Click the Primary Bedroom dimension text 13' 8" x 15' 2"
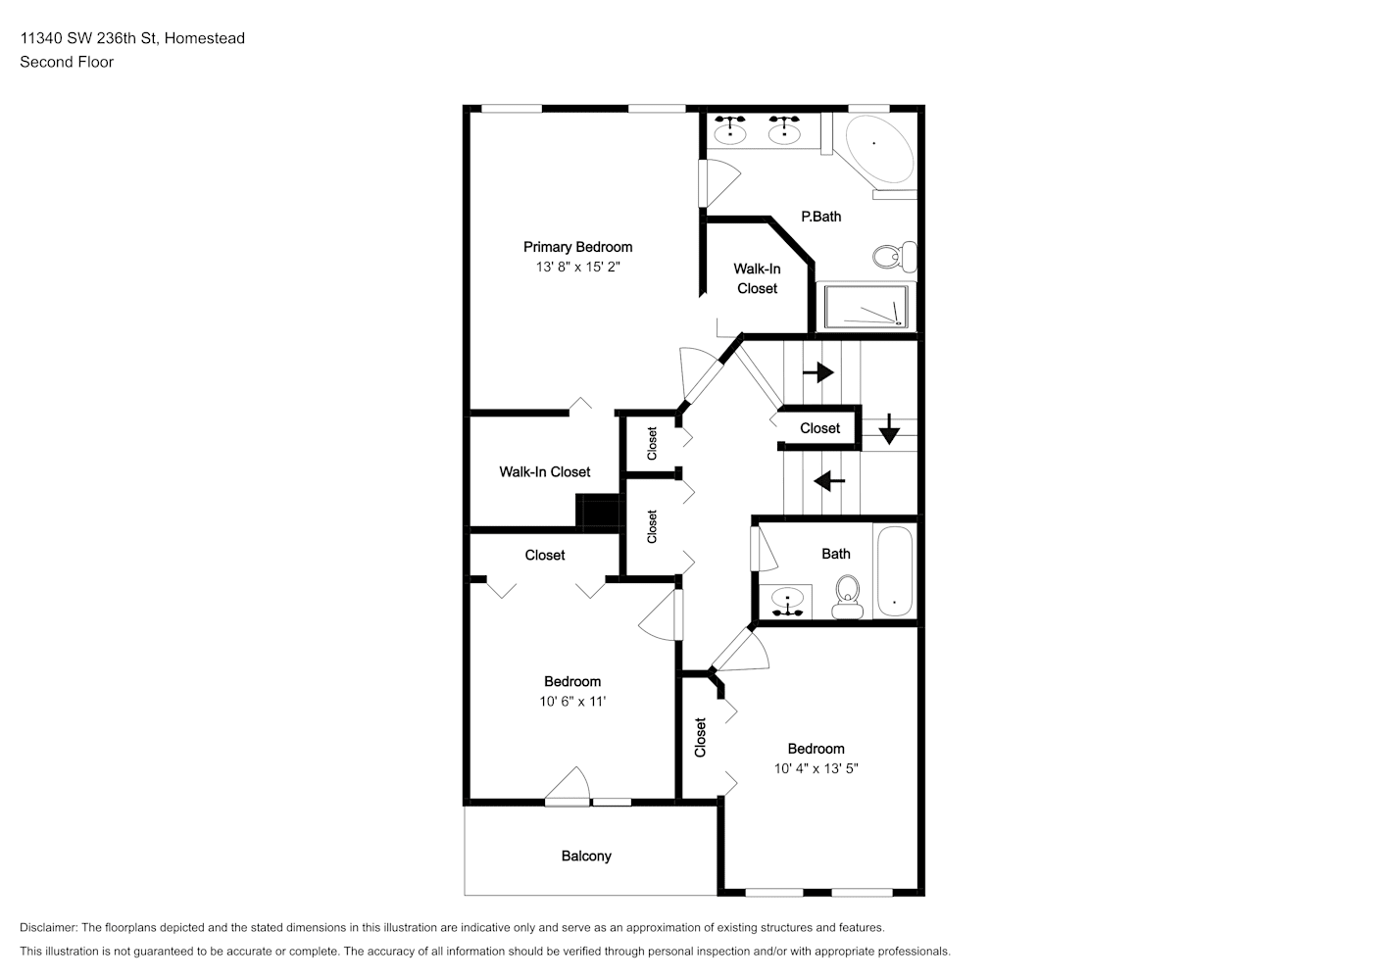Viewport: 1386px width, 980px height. (x=578, y=267)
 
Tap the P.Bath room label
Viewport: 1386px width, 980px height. (x=821, y=217)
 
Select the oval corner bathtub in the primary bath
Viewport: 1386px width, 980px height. (x=878, y=149)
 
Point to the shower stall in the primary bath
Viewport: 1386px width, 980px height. (x=866, y=308)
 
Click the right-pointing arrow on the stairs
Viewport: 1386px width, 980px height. (x=818, y=372)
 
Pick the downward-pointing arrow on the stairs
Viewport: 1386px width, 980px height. (x=889, y=429)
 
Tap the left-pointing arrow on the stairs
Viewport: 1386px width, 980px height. (x=829, y=480)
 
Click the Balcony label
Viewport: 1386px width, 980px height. (x=586, y=857)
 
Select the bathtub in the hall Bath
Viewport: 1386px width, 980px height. (x=895, y=570)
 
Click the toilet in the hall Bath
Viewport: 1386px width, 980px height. (x=848, y=597)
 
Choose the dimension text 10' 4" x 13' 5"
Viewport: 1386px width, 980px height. (x=817, y=768)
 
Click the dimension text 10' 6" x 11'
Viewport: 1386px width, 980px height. (x=572, y=702)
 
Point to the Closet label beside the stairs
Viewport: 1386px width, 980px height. (x=819, y=428)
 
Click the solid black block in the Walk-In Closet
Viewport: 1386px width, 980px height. (x=598, y=513)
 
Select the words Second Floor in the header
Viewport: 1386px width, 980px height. (x=67, y=62)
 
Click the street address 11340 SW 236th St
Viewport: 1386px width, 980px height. (x=88, y=38)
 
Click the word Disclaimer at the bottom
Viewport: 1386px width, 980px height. (x=48, y=927)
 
